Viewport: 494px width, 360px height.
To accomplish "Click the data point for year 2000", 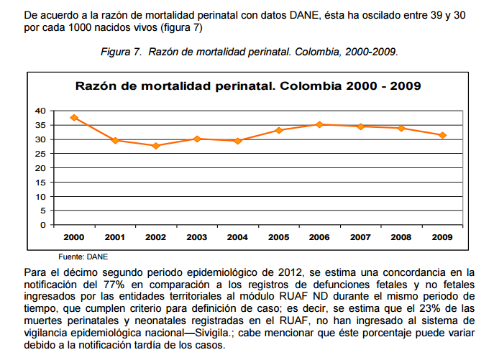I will tap(74, 117).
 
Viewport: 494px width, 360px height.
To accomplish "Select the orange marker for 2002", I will tap(156, 146).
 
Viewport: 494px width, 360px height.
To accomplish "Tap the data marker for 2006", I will tap(319, 124).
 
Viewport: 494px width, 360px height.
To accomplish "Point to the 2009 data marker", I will tap(443, 135).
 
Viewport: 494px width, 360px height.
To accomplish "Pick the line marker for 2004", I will tap(238, 141).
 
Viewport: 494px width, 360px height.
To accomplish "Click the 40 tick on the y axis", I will tap(40, 111).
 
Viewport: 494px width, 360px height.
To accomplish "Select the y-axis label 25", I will tap(40, 154).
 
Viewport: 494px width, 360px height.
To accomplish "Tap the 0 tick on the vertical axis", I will tap(42, 225).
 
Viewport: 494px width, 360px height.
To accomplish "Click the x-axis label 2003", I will tap(196, 236).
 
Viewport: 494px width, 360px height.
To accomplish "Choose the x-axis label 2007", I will tap(360, 236).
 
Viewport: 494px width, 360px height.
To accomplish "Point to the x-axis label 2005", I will tap(278, 236).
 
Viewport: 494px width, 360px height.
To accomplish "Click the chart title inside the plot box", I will tap(248, 86).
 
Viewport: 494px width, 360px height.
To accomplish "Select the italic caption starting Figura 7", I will tap(248, 52).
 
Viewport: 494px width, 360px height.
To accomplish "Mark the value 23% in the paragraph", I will tap(426, 307).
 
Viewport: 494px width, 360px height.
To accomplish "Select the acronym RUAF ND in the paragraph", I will tap(294, 295).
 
